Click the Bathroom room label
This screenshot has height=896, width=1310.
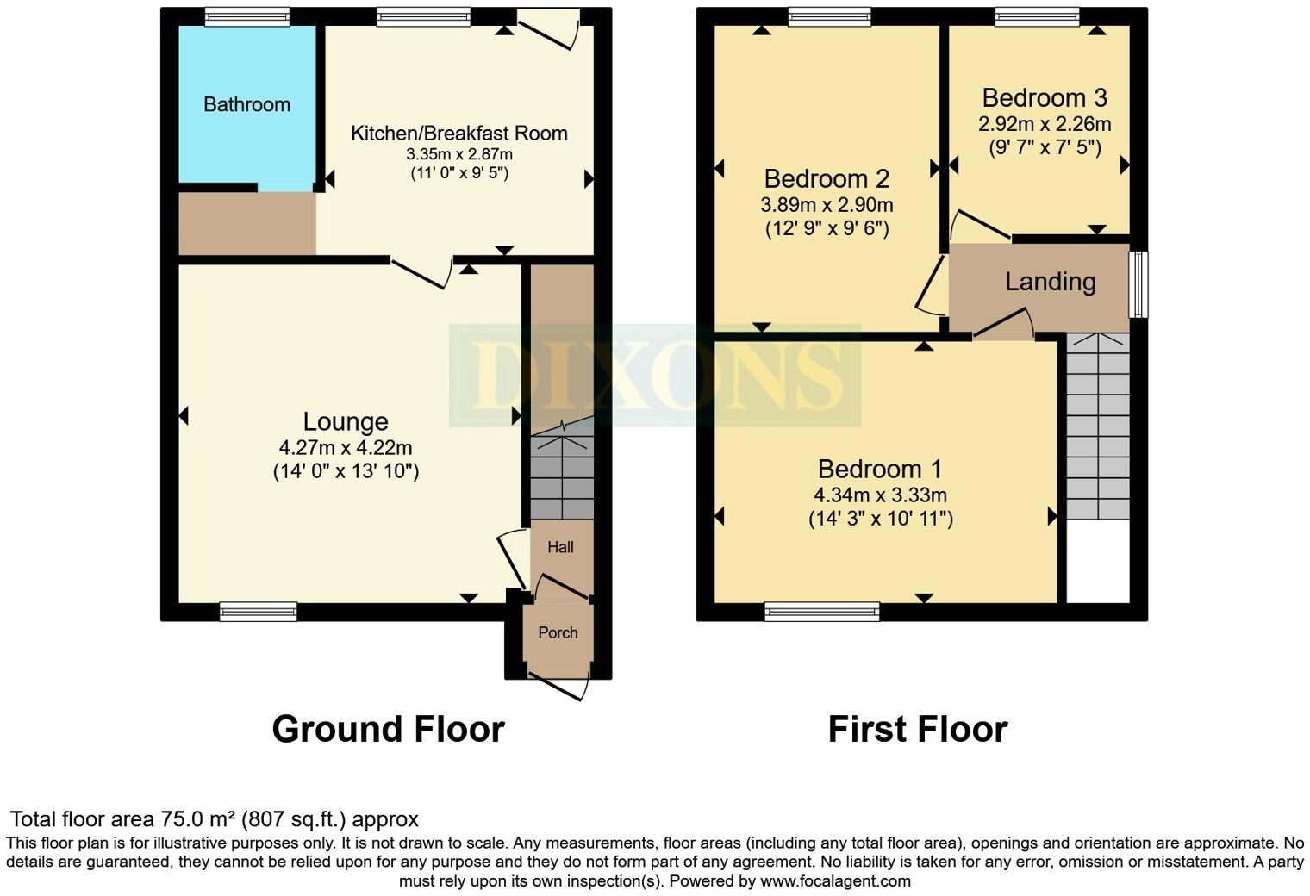coord(246,105)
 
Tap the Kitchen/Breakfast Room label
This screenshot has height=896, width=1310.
coord(458,134)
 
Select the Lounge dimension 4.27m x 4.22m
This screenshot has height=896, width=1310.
coord(346,448)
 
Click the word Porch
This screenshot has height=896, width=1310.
coord(558,632)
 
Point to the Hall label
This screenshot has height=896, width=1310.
coord(560,547)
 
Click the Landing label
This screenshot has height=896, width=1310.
coord(1050,282)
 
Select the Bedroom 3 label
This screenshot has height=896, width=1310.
coord(1045,98)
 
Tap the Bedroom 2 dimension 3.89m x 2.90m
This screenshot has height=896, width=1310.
coord(827,205)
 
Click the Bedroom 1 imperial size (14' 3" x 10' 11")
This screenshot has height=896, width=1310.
coord(880,519)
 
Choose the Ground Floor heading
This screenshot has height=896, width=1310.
coord(388,729)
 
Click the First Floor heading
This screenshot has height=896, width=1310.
coord(917,729)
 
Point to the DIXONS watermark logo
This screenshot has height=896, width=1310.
coord(655,376)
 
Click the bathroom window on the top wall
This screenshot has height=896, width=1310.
coord(247,16)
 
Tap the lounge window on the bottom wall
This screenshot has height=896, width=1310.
coord(258,612)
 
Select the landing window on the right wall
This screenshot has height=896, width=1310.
coord(1138,284)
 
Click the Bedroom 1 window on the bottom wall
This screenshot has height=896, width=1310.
coord(821,612)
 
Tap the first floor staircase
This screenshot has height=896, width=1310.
coord(1097,426)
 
